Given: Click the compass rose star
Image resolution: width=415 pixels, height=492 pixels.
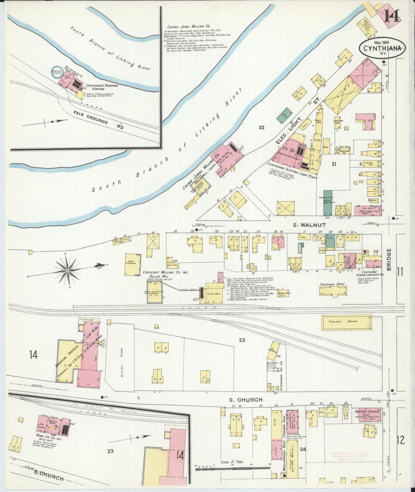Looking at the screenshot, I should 67,271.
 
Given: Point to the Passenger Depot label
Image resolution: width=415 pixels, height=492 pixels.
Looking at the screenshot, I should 332,284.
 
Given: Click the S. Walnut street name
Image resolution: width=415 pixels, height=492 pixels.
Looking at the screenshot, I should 310,225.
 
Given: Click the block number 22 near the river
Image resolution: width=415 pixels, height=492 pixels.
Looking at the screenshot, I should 261,127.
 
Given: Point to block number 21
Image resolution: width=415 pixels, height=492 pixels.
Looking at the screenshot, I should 334,164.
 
